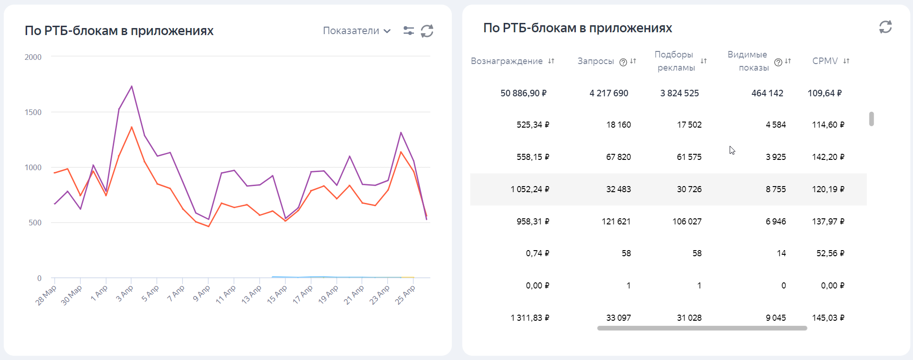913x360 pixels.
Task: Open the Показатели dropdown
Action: click(x=356, y=31)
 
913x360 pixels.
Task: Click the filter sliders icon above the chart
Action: click(x=408, y=31)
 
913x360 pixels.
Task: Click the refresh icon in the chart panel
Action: click(x=427, y=31)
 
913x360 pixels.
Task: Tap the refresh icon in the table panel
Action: click(x=885, y=27)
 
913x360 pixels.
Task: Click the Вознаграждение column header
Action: click(x=507, y=61)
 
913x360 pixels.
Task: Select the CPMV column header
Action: click(x=825, y=61)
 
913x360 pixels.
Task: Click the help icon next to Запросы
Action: click(x=623, y=62)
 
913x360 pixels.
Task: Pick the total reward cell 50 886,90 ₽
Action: click(x=523, y=94)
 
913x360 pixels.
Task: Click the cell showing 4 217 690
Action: click(x=609, y=94)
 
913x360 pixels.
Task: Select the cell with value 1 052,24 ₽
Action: click(x=530, y=189)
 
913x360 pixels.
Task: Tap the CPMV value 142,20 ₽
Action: click(x=828, y=157)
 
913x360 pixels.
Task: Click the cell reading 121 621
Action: click(x=616, y=222)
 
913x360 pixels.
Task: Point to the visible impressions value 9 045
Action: click(x=775, y=318)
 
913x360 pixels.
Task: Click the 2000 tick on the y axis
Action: click(x=33, y=57)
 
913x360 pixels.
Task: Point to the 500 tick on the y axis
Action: click(x=35, y=223)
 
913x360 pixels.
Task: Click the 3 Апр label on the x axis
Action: click(x=125, y=294)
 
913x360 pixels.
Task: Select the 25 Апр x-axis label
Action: click(x=405, y=295)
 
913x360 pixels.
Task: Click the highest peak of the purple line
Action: click(x=132, y=86)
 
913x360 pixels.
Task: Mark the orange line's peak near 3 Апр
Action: click(x=132, y=127)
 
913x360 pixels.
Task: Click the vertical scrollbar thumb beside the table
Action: click(x=871, y=119)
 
